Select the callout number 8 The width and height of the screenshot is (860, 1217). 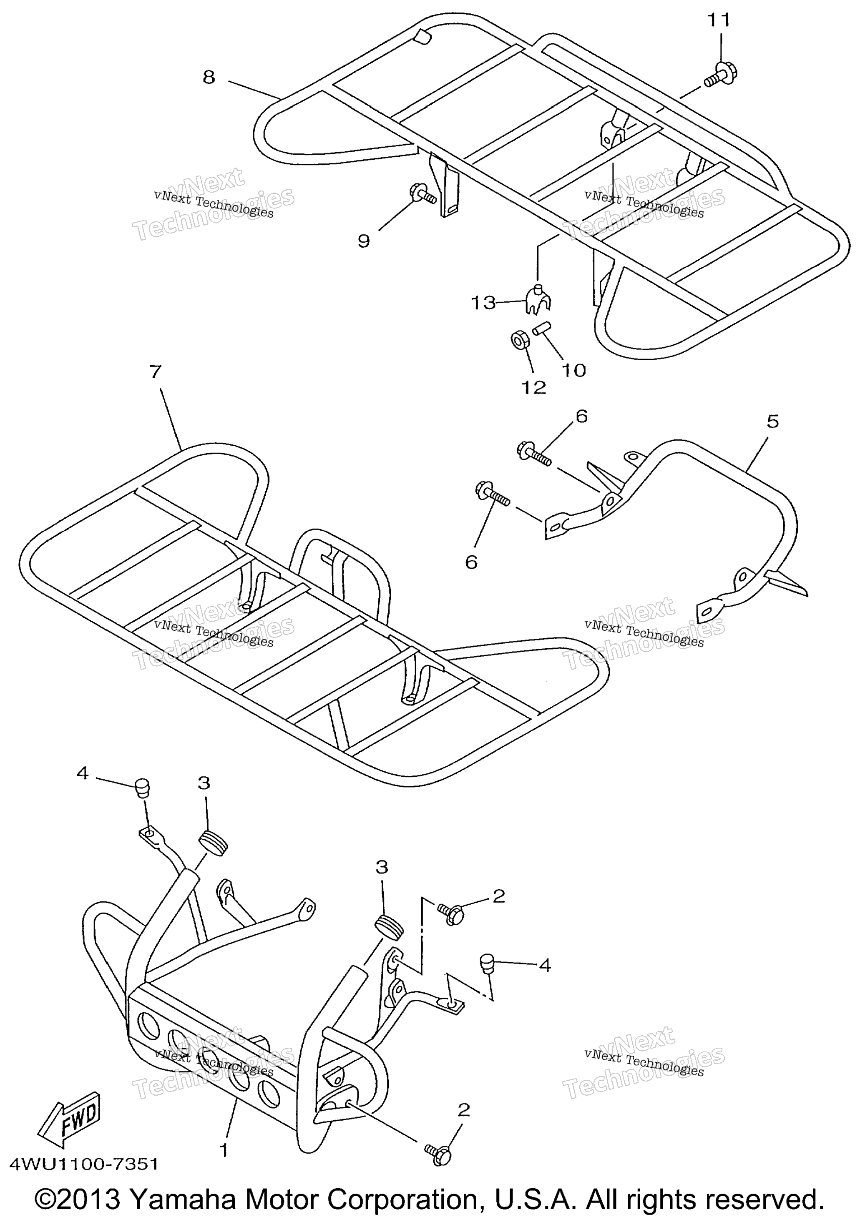point(209,78)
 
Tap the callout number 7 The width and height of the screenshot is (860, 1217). point(154,371)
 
